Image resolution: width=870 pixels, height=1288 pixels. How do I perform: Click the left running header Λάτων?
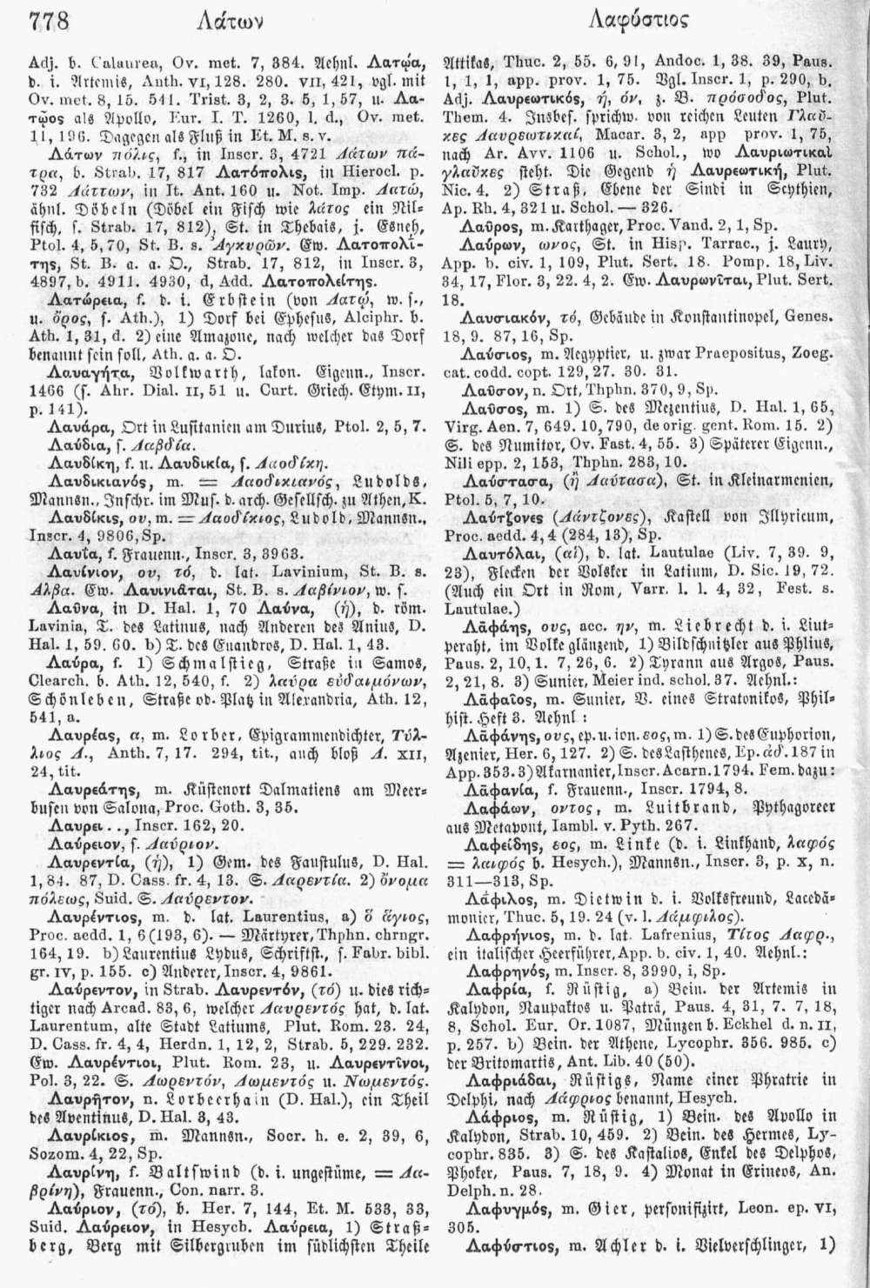click(203, 21)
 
